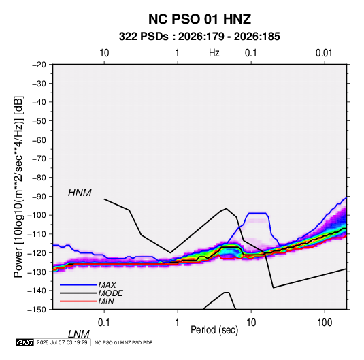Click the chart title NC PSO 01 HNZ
coord(199,19)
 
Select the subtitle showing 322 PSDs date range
coord(199,37)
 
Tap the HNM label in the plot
coord(80,193)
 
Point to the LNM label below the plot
coord(79,334)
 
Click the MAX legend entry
coord(107,284)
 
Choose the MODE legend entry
coord(110,293)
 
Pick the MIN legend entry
coord(106,301)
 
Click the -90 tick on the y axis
coord(39,197)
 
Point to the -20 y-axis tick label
coord(39,65)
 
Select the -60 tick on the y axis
coord(39,140)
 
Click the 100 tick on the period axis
coord(325,323)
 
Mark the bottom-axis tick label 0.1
coord(103,323)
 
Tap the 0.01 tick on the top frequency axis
coord(324,53)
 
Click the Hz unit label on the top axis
coord(214,53)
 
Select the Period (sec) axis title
coord(214,330)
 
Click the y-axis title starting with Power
coord(18,186)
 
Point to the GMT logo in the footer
coord(24,342)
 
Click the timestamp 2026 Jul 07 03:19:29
coord(62,342)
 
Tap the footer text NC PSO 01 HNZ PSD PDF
coord(124,342)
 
